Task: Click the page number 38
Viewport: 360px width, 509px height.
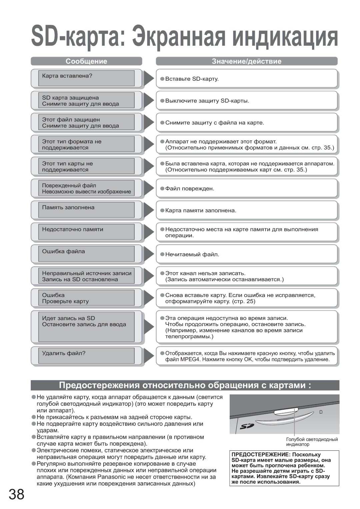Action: click(16, 494)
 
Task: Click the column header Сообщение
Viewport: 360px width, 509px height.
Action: click(86, 61)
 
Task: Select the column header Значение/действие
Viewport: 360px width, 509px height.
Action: click(247, 61)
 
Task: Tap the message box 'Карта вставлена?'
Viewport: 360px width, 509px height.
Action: click(86, 78)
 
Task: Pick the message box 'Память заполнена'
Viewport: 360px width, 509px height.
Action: click(86, 210)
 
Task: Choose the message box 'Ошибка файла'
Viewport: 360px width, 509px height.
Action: click(86, 254)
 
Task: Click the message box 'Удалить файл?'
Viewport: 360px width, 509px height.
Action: click(86, 355)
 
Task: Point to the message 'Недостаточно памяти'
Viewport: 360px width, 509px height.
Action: click(73, 229)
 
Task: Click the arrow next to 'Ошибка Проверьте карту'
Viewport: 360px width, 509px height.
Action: click(148, 298)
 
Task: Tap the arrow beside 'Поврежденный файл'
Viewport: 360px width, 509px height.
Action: click(148, 188)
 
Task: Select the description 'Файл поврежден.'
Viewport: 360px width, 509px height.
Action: click(190, 189)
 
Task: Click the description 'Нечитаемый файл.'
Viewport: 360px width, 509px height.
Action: click(192, 255)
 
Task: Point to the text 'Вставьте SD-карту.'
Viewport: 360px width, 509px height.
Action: click(192, 79)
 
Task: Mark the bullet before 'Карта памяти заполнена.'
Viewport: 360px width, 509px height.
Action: click(162, 210)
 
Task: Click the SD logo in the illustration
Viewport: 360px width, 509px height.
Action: click(247, 426)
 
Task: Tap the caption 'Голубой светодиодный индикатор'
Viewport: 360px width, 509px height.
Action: click(312, 442)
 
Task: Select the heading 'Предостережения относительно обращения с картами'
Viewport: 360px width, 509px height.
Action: click(185, 385)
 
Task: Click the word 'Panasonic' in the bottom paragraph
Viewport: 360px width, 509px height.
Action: click(111, 477)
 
